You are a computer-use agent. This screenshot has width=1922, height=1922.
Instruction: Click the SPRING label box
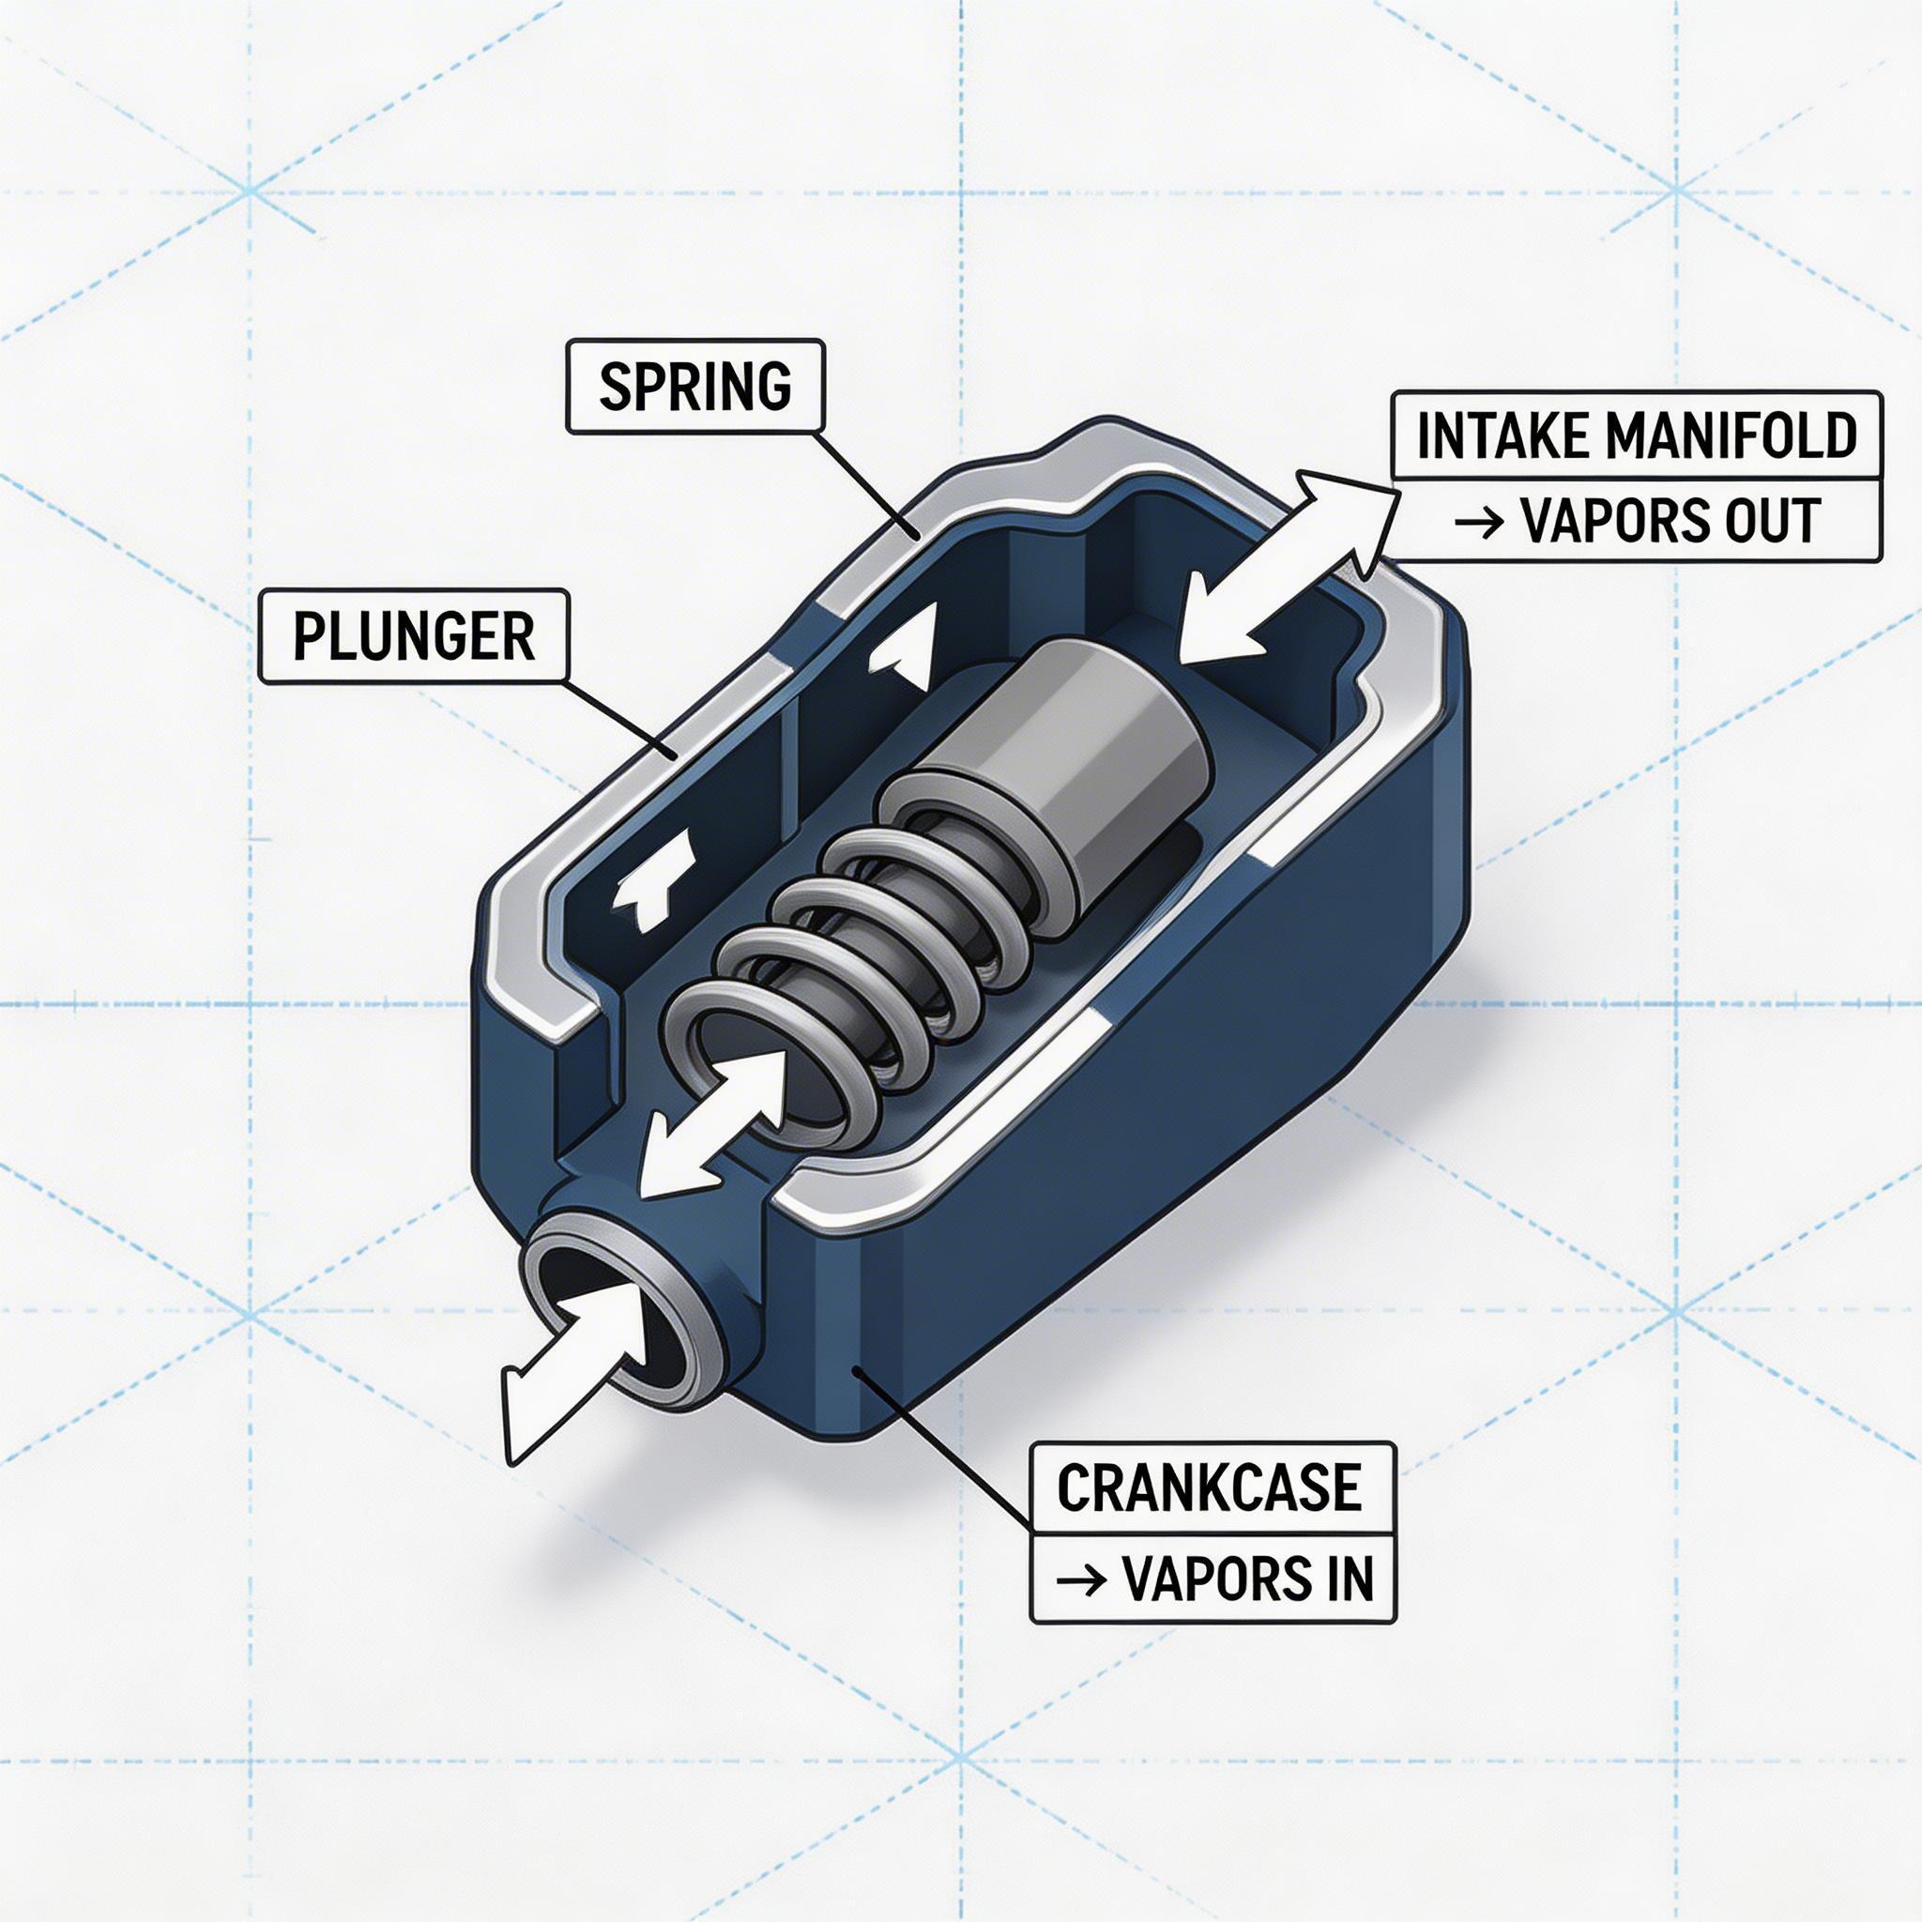click(x=695, y=387)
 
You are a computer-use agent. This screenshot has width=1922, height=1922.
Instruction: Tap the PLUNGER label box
click(x=414, y=636)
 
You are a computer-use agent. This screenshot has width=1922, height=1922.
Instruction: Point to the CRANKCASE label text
click(x=1209, y=1488)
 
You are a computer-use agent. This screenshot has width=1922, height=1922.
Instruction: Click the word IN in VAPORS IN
click(x=1347, y=1578)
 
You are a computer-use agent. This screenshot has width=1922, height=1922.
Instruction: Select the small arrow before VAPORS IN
click(x=1080, y=1579)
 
